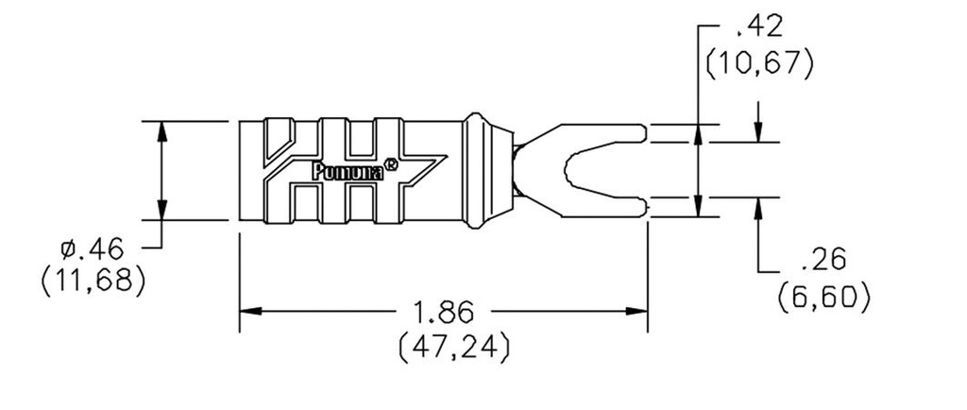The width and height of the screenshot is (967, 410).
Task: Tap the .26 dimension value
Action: [823, 259]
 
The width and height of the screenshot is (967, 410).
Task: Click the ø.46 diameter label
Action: [92, 249]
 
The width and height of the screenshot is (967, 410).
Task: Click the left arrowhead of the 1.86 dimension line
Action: [247, 311]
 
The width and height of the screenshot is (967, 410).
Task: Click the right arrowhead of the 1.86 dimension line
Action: [638, 311]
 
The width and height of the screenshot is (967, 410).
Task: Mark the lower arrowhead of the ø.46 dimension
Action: [162, 211]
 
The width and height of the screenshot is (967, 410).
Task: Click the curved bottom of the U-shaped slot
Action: [567, 170]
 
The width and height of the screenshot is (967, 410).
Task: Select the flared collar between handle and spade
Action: [480, 170]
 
